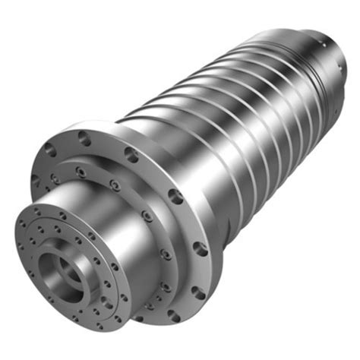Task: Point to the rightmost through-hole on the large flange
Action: coord(200,247)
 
